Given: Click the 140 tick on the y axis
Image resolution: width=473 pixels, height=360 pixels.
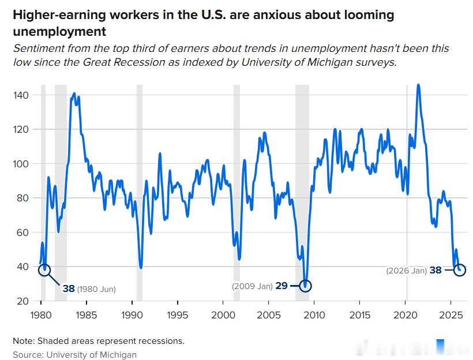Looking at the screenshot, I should coord(22,95).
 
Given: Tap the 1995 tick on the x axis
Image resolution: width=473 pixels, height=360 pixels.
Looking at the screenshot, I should coord(177,315).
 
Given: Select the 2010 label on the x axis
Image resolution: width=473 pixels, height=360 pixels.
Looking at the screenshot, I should coord(314,315).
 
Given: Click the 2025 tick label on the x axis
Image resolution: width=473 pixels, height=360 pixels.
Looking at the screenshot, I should coord(451,315).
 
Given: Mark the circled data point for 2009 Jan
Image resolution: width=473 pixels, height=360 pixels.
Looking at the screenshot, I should coord(305,286).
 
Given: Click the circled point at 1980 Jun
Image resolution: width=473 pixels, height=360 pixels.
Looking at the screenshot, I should coord(44,270).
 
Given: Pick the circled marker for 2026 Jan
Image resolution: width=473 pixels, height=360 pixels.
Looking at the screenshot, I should coord(460,270).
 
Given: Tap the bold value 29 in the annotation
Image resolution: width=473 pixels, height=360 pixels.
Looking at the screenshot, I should coord(281,286).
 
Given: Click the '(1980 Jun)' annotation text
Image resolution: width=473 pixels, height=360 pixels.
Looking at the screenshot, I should coord(96,289).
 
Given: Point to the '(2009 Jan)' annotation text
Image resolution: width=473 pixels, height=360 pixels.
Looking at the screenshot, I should coord(252,286).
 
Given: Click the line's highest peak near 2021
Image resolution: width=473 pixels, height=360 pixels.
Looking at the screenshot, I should coord(418,85).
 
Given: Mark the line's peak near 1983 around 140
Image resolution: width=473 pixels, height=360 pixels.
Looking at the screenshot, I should coord(74,93).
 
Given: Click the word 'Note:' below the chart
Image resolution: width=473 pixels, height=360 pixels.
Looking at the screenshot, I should coord(24,341).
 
